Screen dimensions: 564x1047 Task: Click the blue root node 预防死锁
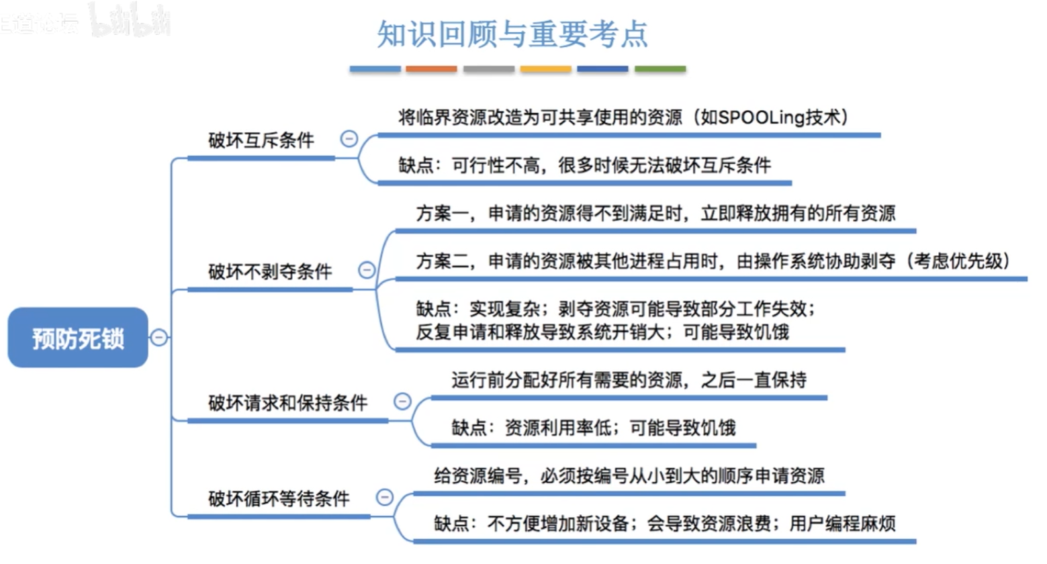pos(78,338)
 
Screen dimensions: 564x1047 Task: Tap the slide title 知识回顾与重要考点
pos(512,34)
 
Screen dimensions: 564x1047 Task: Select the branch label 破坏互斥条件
pos(261,140)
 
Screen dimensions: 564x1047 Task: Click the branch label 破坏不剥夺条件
pos(269,271)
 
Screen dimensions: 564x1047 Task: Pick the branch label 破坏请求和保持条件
pos(287,403)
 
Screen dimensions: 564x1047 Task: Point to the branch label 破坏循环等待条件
pos(279,499)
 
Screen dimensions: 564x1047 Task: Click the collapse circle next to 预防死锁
pos(159,337)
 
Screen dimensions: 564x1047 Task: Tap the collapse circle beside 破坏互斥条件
pos(349,139)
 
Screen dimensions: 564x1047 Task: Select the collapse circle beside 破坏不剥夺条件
pos(367,270)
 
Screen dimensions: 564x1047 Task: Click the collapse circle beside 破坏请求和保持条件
pos(402,402)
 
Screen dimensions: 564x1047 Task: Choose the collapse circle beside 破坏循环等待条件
pos(384,498)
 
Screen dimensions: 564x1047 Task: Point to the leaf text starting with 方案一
pos(655,214)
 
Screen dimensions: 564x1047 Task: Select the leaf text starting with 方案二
pos(713,261)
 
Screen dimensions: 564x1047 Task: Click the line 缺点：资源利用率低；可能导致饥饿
pos(594,428)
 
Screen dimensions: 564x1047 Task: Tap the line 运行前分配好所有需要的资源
pos(629,380)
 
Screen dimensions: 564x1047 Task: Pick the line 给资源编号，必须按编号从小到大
pos(629,476)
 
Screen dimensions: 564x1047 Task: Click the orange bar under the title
pos(431,69)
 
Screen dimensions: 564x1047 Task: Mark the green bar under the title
pos(660,69)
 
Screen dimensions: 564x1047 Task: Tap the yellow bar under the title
pos(546,69)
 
